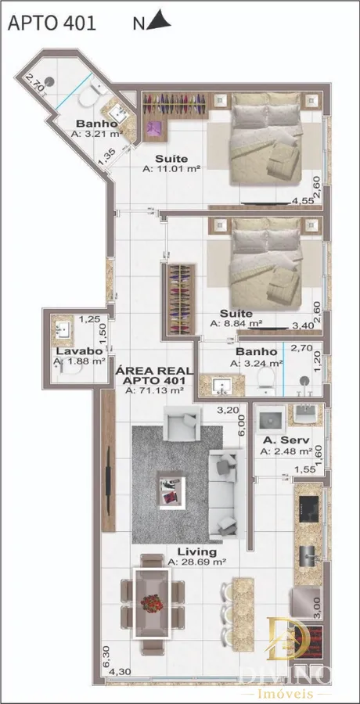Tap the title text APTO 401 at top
pos(52,23)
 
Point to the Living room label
pos(197,551)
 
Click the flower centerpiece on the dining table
pos(152,603)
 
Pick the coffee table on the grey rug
pos(171,490)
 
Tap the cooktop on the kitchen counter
pos(309,509)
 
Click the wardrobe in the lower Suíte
pos(179,300)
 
